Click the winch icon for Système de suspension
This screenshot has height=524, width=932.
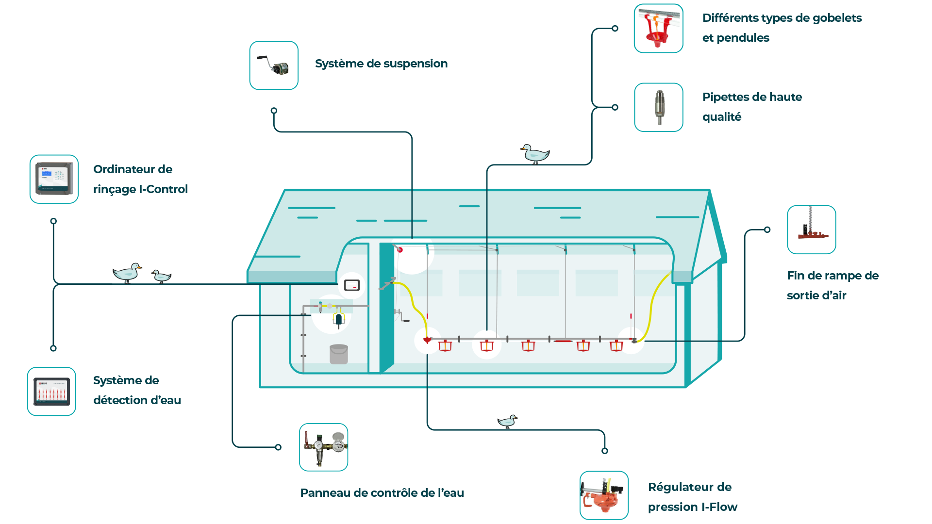point(274,65)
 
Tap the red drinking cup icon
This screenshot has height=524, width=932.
point(658,28)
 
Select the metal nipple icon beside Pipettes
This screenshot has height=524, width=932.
point(659,107)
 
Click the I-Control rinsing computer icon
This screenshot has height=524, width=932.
point(54,179)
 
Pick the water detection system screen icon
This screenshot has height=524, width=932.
point(51,392)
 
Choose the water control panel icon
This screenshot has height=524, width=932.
point(324,447)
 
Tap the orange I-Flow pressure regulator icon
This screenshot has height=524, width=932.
point(604,495)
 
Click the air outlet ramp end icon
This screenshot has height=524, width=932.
point(812,229)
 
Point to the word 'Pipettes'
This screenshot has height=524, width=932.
point(725,97)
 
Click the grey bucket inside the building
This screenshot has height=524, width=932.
point(339,354)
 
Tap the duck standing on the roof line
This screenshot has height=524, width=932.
point(535,154)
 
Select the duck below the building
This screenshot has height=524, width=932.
point(508,421)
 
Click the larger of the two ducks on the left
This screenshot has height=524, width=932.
point(127,273)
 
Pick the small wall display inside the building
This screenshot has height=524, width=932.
point(352,285)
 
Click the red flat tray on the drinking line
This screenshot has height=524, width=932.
point(563,341)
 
